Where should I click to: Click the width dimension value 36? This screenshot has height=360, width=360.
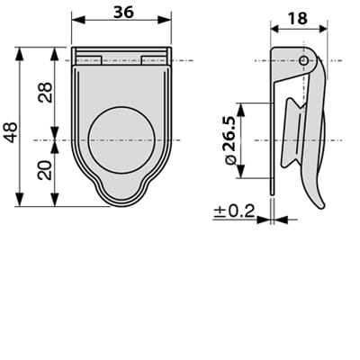[x=121, y=11]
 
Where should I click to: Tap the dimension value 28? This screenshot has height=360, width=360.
[x=45, y=93]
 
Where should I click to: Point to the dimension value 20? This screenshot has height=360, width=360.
[x=45, y=168]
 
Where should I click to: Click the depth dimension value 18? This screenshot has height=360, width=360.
[x=297, y=18]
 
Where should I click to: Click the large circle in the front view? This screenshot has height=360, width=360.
[x=121, y=139]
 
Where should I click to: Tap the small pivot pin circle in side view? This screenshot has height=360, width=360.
[x=304, y=61]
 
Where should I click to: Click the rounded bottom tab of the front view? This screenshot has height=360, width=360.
[x=121, y=194]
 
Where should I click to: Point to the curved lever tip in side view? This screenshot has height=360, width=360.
[x=319, y=202]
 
